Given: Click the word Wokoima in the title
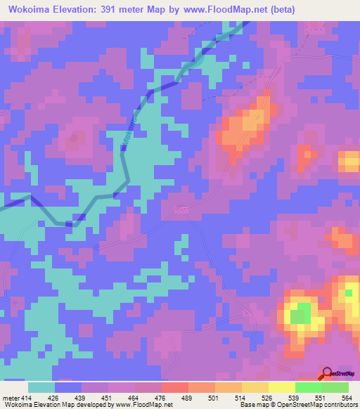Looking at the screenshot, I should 32,9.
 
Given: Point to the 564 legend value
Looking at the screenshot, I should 347,398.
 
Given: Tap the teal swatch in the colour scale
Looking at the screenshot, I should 41,387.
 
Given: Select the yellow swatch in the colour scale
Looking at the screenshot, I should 282,387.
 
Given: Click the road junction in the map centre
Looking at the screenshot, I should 184,207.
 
